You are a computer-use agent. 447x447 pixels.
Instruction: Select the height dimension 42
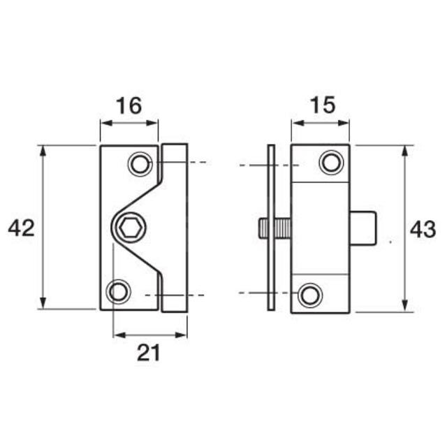[x=21, y=227]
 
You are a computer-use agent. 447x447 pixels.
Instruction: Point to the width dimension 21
[x=149, y=353]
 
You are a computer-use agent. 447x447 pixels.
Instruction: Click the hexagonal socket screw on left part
[x=127, y=228]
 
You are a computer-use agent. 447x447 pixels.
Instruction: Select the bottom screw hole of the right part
[x=309, y=293]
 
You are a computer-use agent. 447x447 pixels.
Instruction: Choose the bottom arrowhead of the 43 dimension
[x=405, y=307]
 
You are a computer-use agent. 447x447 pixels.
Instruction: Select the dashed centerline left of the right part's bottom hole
[x=258, y=293]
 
